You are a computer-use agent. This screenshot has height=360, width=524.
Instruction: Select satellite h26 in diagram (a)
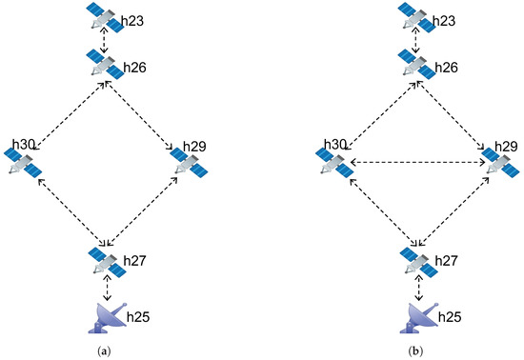point(102,66)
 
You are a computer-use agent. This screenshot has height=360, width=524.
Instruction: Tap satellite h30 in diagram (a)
point(25,164)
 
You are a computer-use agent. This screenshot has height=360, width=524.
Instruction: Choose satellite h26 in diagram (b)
point(415,66)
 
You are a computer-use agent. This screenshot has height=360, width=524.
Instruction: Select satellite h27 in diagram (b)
point(415,260)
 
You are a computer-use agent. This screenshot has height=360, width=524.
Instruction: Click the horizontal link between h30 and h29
point(418,163)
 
